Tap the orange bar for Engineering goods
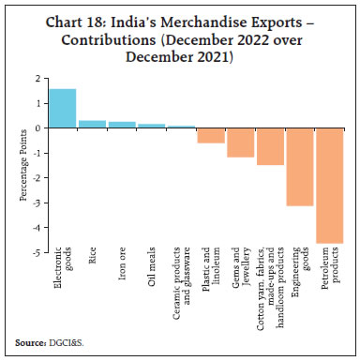coord(301,167)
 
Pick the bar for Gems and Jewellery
coord(241,143)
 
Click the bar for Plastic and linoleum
coord(211,135)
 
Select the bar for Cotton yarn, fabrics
coord(271,146)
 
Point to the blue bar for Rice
coord(91,124)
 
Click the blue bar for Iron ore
coord(121,125)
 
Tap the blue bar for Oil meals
coord(151,126)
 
